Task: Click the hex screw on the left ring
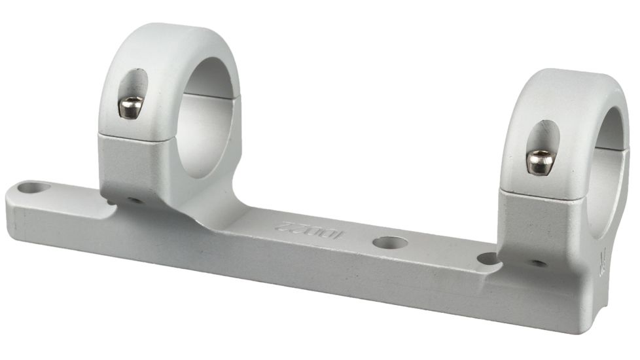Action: coord(130,106)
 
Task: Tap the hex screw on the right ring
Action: coord(541,162)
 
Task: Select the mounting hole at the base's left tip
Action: coord(33,189)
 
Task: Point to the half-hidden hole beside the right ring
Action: coord(488,259)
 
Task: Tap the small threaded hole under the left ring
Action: coord(135,200)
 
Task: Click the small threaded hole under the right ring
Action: coord(538,263)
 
